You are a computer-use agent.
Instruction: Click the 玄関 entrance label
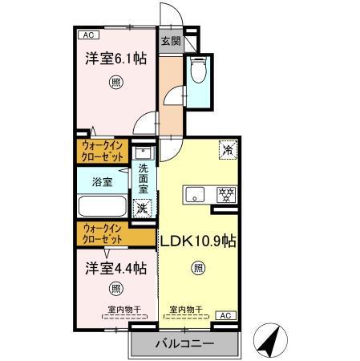169,41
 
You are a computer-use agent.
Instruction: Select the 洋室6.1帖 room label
116,58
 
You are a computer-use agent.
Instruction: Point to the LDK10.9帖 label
197,241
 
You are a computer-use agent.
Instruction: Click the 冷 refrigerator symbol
227,149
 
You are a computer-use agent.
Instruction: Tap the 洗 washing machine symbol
142,207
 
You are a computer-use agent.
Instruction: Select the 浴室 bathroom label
102,181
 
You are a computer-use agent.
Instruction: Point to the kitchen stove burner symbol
227,194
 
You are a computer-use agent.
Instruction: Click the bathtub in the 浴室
102,207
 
